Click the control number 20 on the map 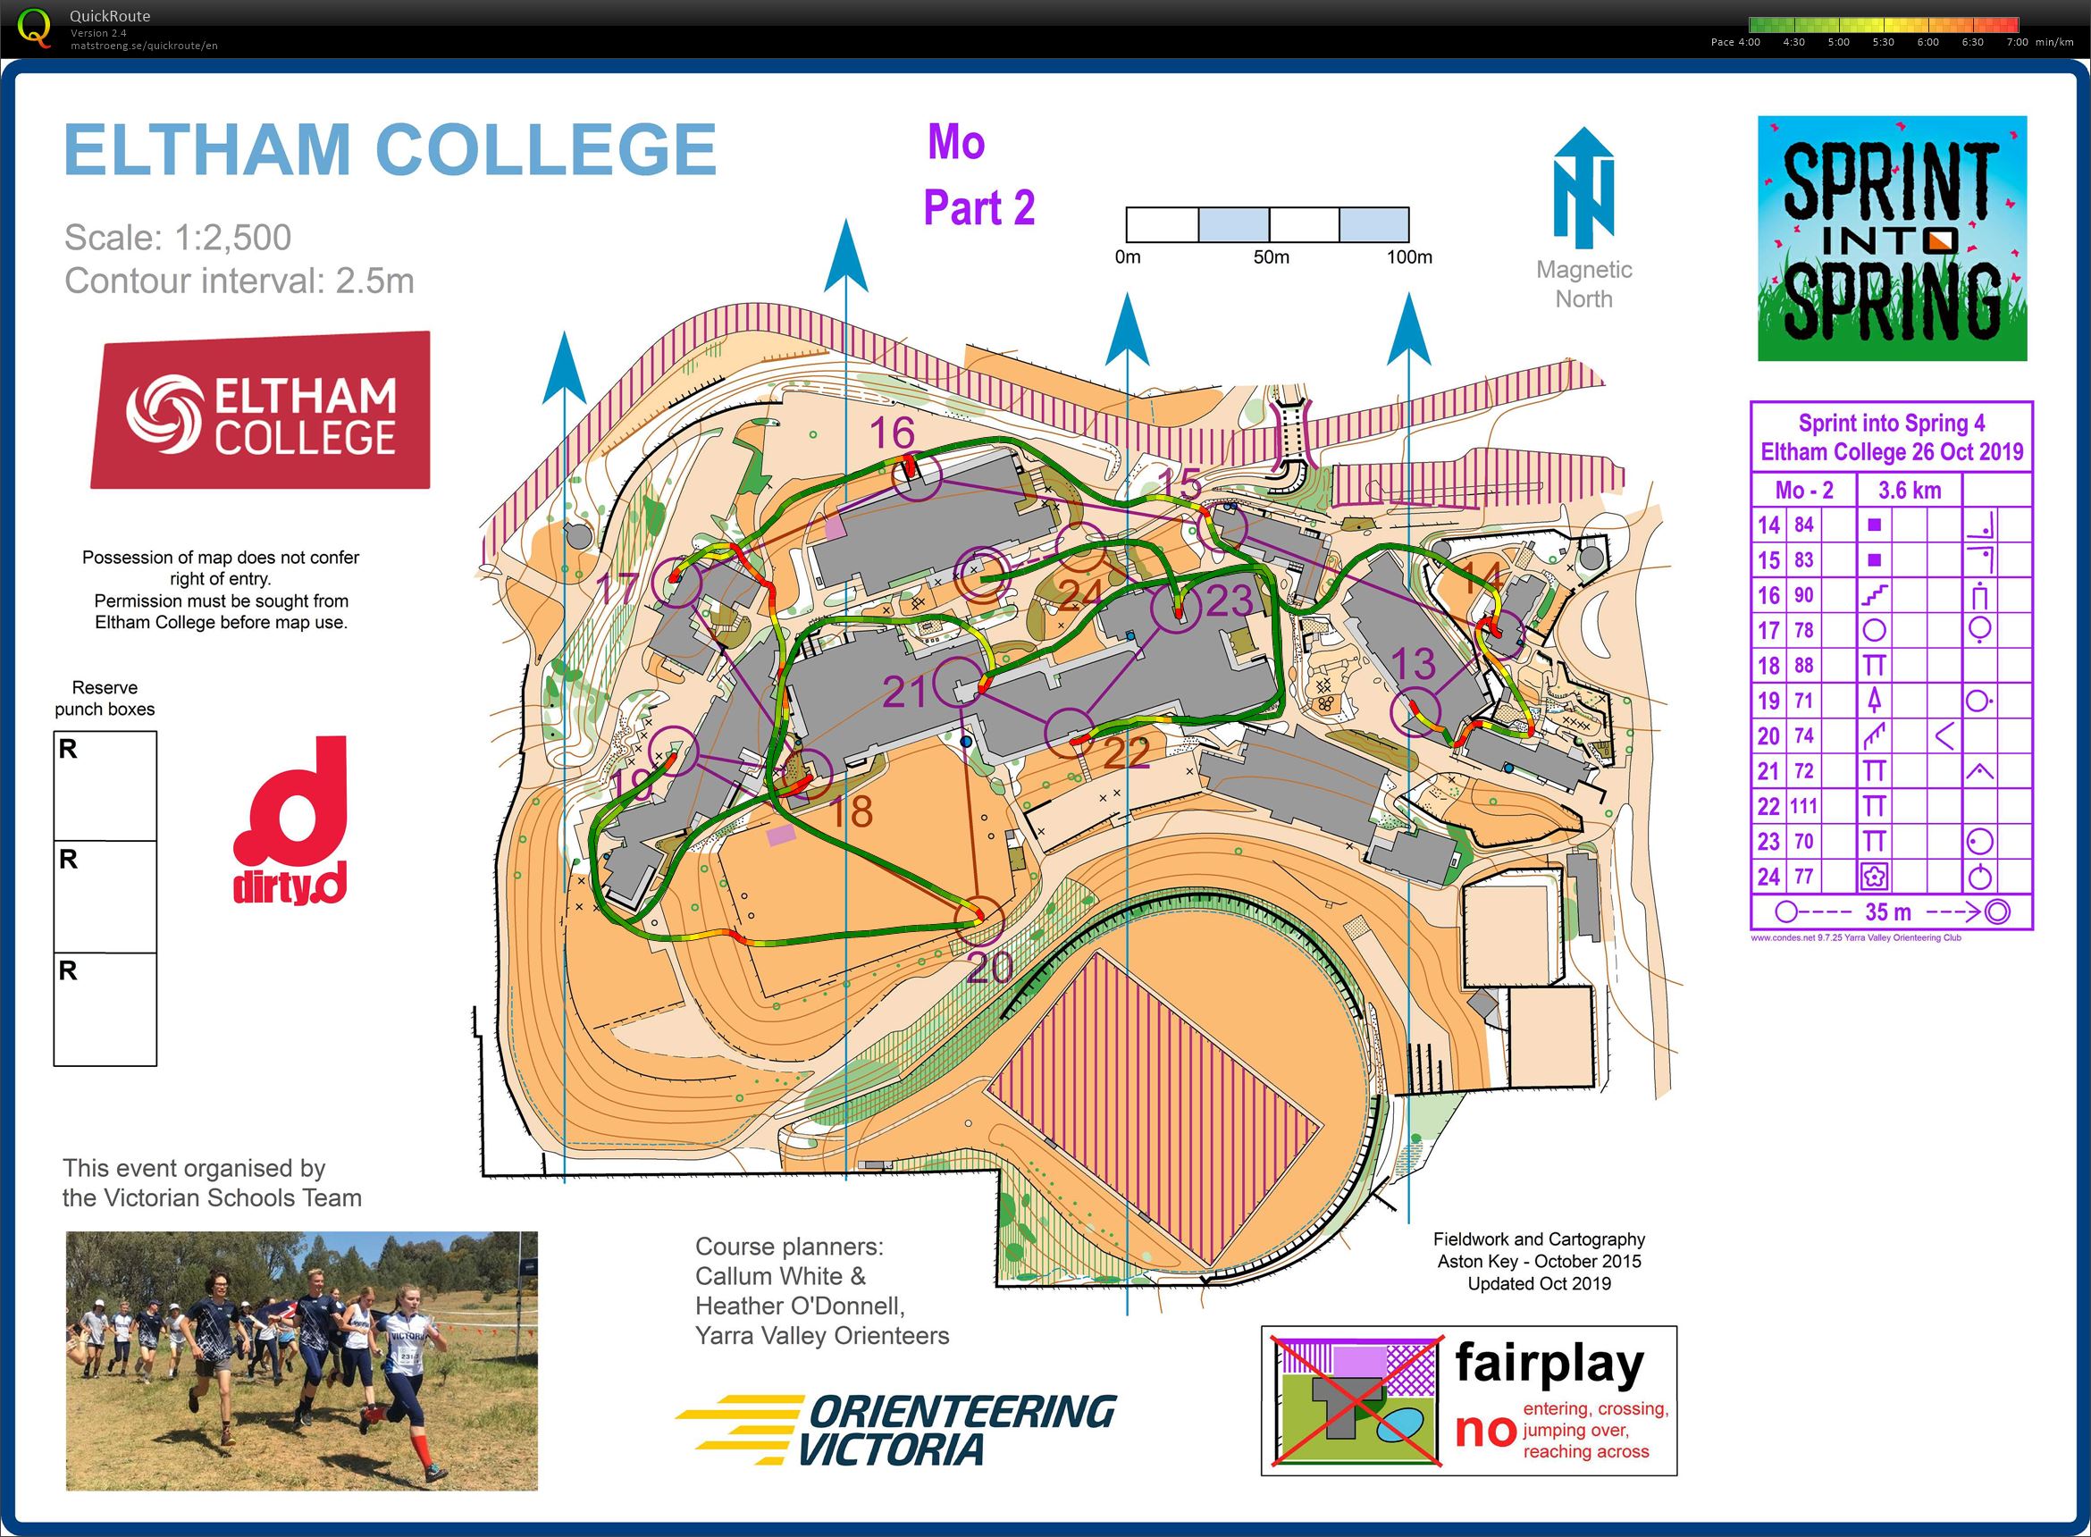(x=989, y=968)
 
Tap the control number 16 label (x=892, y=433)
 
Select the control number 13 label (x=1413, y=664)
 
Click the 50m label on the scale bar (x=1271, y=256)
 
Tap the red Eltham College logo (x=261, y=410)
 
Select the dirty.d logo (x=290, y=820)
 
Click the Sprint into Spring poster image (x=1891, y=239)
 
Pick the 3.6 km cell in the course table (x=1909, y=491)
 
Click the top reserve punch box (x=105, y=785)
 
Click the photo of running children (x=301, y=1360)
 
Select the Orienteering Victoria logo (x=894, y=1430)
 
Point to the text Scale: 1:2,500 (x=178, y=237)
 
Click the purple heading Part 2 (x=978, y=207)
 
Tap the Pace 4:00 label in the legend (x=1734, y=42)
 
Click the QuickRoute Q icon (x=35, y=27)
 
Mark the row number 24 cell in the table (x=1768, y=877)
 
